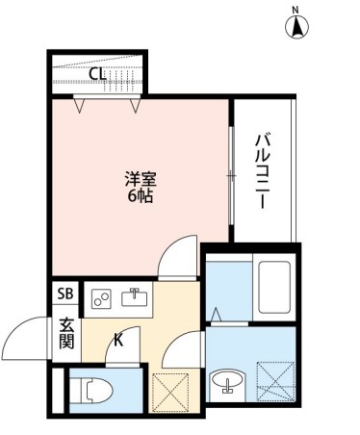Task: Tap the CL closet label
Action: coord(97,73)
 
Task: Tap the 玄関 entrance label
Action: coord(66,333)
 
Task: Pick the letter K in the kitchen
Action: coord(119,338)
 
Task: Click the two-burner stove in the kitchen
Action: coord(101,298)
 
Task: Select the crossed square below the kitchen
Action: coord(175,390)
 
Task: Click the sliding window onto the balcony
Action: coord(231,174)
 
